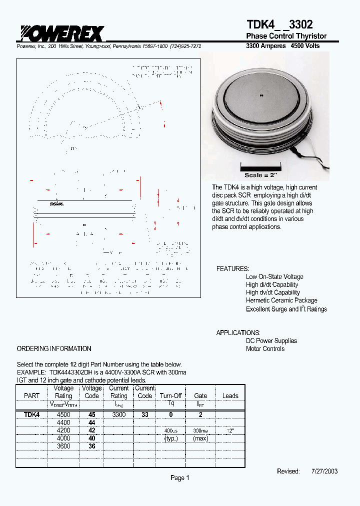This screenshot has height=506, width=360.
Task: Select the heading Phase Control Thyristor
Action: pyautogui.click(x=286, y=36)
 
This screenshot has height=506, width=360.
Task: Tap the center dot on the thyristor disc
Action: pyautogui.click(x=260, y=95)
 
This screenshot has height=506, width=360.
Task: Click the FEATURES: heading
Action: pyautogui.click(x=232, y=268)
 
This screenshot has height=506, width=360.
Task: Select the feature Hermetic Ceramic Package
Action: pyautogui.click(x=281, y=300)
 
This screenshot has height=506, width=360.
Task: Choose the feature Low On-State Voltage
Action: pyautogui.click(x=274, y=276)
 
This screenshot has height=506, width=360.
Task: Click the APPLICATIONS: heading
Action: pyautogui.click(x=238, y=332)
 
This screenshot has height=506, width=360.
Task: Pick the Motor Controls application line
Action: pyautogui.click(x=265, y=348)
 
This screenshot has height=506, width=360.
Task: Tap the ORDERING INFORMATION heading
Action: pyautogui.click(x=54, y=348)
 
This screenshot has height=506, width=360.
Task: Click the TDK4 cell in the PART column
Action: pyautogui.click(x=31, y=414)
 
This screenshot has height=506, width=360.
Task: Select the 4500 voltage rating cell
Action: pyautogui.click(x=63, y=414)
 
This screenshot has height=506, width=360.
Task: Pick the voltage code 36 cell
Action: pyautogui.click(x=91, y=446)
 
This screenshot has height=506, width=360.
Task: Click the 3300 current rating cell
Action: pyautogui.click(x=118, y=414)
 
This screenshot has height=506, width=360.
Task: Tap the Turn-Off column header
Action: pyautogui.click(x=170, y=395)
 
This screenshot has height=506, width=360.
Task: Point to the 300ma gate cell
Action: pyautogui.click(x=200, y=430)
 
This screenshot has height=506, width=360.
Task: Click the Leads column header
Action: pyautogui.click(x=230, y=395)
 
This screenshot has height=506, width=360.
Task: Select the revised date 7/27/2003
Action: pyautogui.click(x=324, y=471)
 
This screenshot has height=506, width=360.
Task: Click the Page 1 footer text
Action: pyautogui.click(x=180, y=477)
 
